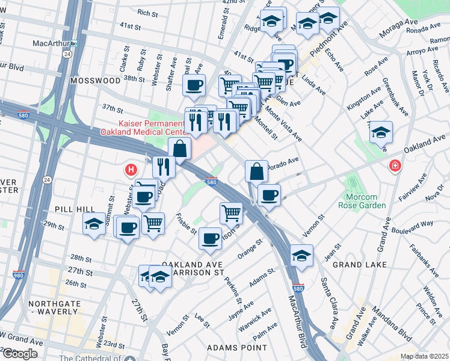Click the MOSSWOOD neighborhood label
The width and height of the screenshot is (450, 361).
point(95,80)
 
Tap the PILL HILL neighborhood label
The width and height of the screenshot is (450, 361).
point(74,208)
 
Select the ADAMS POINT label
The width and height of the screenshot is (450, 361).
point(236,348)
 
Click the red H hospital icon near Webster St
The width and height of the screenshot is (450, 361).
point(131,170)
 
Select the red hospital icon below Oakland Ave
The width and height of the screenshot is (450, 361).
point(395,165)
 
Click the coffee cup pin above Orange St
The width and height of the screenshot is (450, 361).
point(210,238)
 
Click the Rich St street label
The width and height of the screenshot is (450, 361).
point(147,12)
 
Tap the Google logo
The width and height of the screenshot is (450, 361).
point(19,354)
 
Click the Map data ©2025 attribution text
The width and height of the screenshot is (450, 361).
point(424,356)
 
